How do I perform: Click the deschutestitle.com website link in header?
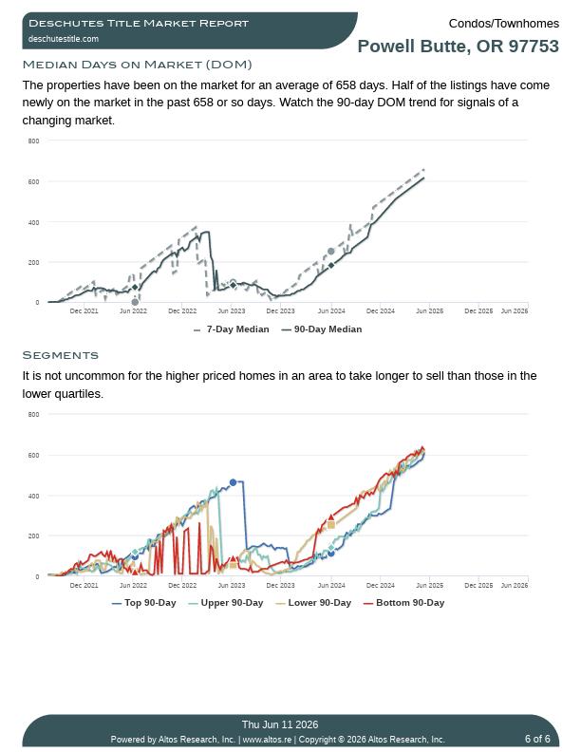[64, 39]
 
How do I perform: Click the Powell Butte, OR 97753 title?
[459, 46]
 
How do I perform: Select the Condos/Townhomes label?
[504, 24]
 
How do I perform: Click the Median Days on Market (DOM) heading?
[137, 65]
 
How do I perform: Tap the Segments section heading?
[61, 355]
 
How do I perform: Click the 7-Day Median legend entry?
[231, 329]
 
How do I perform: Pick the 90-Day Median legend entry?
[322, 329]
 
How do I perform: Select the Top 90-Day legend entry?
[143, 603]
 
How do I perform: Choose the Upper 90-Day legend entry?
[226, 603]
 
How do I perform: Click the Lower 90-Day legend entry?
[313, 603]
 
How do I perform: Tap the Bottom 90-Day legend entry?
[404, 603]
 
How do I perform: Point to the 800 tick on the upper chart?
[33, 141]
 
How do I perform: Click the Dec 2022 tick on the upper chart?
[182, 310]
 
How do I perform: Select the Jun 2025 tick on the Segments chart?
[429, 585]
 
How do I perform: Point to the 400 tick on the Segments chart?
[33, 496]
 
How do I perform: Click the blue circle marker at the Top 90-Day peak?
[233, 482]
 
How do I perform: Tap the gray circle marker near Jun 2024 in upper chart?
[330, 252]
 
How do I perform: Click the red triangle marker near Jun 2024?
[330, 517]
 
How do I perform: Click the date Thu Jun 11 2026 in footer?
[280, 724]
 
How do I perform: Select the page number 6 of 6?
[537, 739]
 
